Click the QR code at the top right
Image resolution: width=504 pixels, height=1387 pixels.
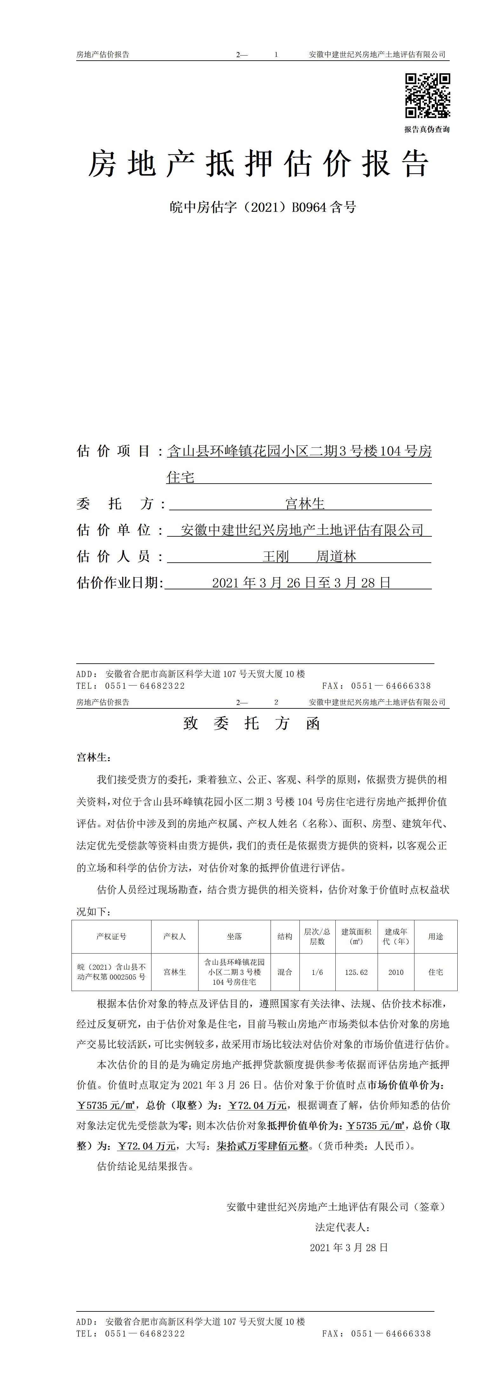click(427, 95)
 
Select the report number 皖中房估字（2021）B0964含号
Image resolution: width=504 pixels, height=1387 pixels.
click(263, 207)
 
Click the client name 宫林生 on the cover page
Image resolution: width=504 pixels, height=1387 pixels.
click(305, 504)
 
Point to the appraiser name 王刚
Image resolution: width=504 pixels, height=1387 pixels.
click(276, 556)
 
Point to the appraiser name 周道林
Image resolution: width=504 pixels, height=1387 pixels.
click(336, 556)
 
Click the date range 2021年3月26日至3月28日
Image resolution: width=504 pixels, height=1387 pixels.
click(301, 583)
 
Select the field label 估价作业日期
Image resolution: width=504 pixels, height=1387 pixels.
click(119, 583)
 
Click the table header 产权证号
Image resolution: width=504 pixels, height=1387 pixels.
click(111, 936)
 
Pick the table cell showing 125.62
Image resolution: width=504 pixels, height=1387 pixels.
click(356, 972)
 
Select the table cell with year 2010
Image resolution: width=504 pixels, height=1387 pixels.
click(396, 972)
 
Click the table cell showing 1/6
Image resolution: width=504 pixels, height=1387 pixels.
click(317, 972)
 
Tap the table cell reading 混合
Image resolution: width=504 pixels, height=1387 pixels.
click(285, 972)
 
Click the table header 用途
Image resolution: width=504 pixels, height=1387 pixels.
click(436, 936)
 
